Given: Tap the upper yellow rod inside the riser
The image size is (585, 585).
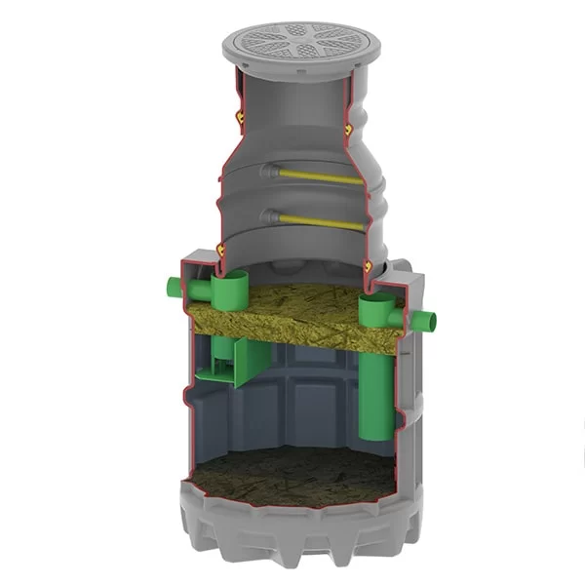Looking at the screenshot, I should (x=322, y=177).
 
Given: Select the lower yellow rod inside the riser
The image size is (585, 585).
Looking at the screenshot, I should (x=322, y=221).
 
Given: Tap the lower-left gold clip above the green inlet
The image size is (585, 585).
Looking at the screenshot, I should (x=221, y=251).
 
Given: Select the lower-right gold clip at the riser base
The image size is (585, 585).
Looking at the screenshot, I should (x=368, y=263).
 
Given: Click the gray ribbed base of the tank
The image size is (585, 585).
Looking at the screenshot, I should (x=292, y=541).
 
